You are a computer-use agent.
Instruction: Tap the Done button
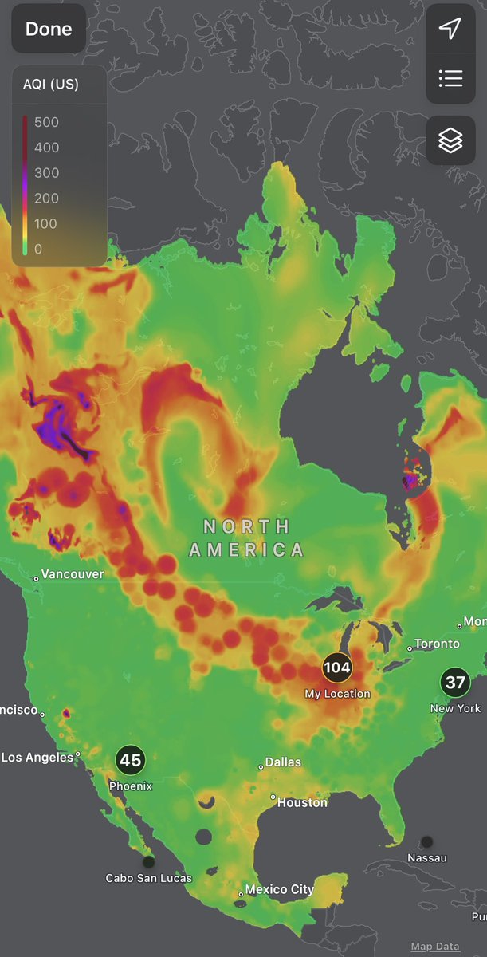tap(49, 30)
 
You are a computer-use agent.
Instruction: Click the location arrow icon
tap(450, 30)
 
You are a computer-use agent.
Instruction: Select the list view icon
tap(450, 78)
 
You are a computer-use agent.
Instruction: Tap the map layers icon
tap(450, 140)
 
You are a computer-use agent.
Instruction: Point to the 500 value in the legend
tap(46, 123)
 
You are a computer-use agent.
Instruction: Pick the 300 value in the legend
tap(46, 173)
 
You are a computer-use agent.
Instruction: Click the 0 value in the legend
tap(38, 249)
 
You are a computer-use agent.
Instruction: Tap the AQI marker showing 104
tap(337, 668)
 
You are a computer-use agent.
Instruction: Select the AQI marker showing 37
tap(455, 683)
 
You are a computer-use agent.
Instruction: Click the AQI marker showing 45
tap(131, 760)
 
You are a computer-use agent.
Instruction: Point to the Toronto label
tap(437, 644)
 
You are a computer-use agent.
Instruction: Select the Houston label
tap(302, 802)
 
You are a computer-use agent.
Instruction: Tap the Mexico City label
tap(279, 889)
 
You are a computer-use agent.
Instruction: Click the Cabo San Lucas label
tap(149, 878)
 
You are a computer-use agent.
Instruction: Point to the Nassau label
tap(427, 858)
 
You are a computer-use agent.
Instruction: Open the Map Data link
tap(435, 947)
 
